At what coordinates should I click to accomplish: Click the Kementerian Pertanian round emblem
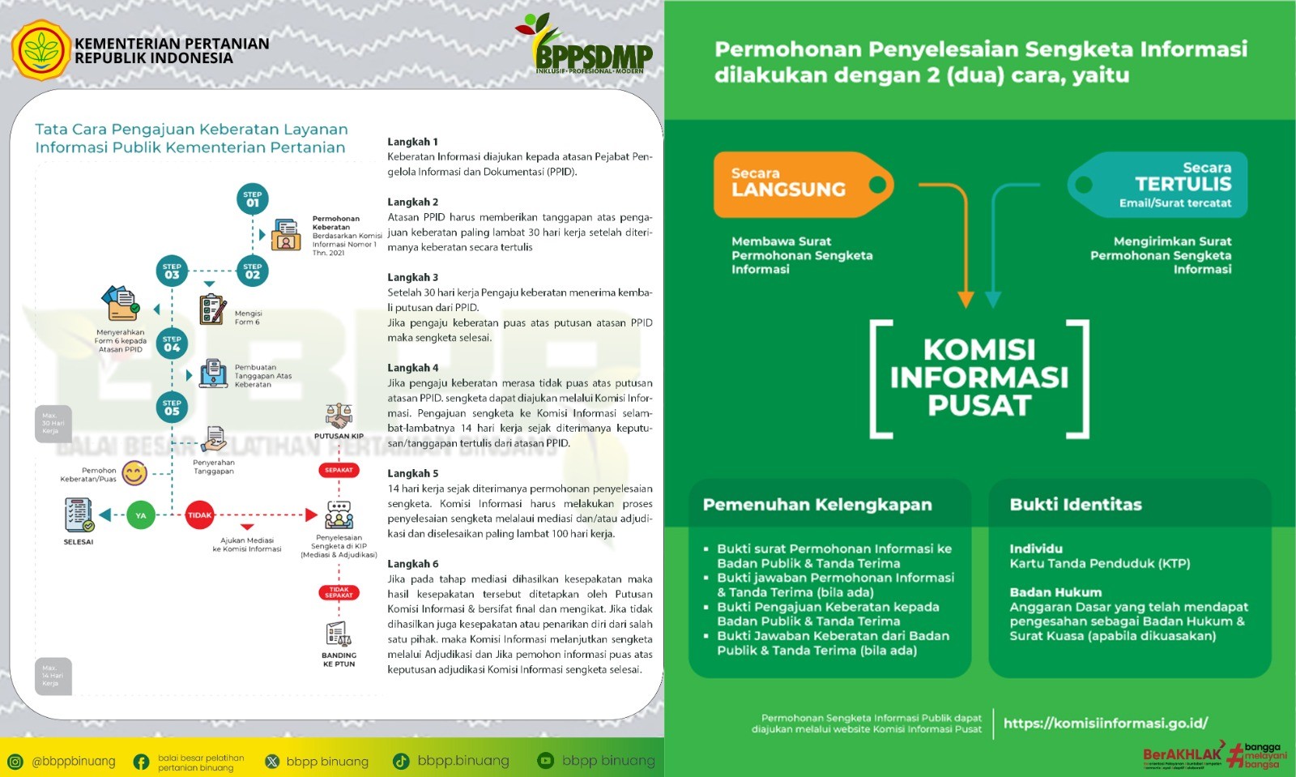[x=40, y=50]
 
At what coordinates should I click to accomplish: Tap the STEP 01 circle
[x=253, y=199]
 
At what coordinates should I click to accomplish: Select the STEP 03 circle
[x=172, y=271]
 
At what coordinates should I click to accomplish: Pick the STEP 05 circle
[x=172, y=408]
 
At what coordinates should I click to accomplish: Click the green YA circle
[x=141, y=515]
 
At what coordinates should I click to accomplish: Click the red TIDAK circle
[x=199, y=515]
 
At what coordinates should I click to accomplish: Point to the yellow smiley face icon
[x=134, y=473]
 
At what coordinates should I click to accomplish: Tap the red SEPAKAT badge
[x=339, y=470]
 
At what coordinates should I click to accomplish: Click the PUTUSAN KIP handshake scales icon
[x=339, y=416]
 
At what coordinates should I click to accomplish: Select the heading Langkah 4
[x=412, y=368]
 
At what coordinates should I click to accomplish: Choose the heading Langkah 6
[x=412, y=564]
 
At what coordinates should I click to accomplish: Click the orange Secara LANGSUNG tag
[x=802, y=185]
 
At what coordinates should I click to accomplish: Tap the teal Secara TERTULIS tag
[x=1158, y=185]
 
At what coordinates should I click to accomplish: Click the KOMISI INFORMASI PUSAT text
[x=979, y=378]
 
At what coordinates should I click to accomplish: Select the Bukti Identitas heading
[x=1076, y=505]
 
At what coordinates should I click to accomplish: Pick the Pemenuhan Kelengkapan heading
[x=817, y=505]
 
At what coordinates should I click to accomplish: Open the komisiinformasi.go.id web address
[x=1106, y=724]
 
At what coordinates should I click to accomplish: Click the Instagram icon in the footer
[x=15, y=761]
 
